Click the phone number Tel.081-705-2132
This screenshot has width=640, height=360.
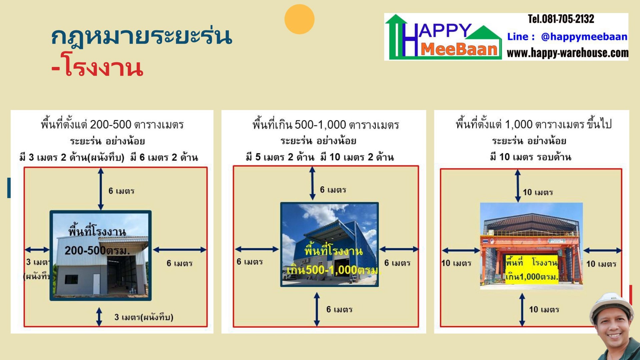pos(561,19)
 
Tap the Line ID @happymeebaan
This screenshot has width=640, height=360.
pos(584,37)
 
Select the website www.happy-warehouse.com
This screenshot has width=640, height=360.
pos(567,53)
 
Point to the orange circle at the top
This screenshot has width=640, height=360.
pos(299,19)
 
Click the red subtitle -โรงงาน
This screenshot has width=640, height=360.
pos(97,68)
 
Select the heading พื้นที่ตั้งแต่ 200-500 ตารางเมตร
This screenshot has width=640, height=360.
pos(112,125)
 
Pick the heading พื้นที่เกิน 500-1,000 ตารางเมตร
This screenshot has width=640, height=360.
pos(326,125)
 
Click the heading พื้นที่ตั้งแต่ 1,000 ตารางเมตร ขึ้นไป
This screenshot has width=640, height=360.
pos(533,124)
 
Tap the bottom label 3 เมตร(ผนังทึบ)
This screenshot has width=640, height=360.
pos(144,317)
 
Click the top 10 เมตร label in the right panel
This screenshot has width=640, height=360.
pos(538,192)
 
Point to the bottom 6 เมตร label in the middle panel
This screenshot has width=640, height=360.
pos(339,310)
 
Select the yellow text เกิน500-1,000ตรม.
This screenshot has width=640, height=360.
pos(333,270)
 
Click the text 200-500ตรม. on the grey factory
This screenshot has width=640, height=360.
pos(97,250)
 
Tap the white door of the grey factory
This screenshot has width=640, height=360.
pos(96,284)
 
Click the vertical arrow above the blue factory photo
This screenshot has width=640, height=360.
pos(312,183)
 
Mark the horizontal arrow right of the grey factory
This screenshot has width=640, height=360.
pos(179,249)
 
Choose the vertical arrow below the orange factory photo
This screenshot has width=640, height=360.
pos(522,310)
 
